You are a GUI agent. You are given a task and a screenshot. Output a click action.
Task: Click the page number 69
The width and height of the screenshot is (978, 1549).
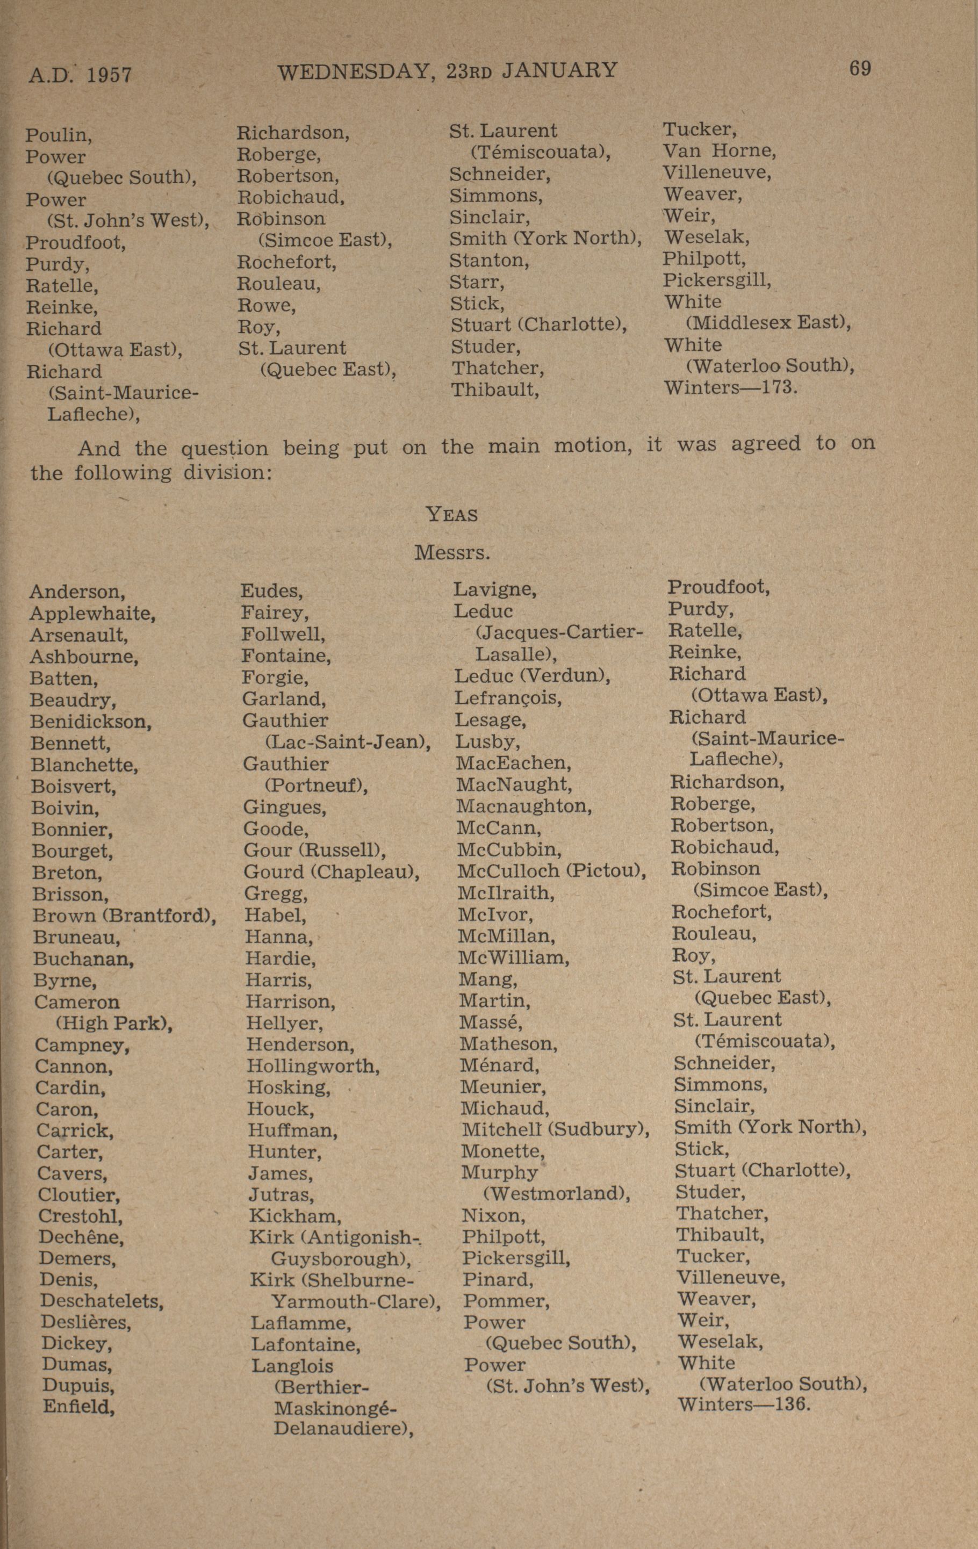click(860, 68)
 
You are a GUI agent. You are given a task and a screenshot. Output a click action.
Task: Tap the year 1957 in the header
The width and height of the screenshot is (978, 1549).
click(109, 75)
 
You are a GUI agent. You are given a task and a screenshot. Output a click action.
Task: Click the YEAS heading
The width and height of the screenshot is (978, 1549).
click(452, 515)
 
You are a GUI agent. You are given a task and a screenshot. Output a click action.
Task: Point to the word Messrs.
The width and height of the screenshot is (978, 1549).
click(452, 552)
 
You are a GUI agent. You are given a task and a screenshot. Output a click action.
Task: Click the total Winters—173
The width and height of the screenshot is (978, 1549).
click(730, 388)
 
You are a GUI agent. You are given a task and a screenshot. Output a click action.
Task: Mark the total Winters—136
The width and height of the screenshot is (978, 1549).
click(743, 1403)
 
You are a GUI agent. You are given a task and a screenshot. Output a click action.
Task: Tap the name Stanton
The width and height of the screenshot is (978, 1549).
click(489, 261)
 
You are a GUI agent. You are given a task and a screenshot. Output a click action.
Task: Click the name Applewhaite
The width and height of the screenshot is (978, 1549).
click(92, 613)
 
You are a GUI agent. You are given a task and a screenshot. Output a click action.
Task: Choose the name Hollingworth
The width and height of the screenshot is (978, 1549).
click(313, 1066)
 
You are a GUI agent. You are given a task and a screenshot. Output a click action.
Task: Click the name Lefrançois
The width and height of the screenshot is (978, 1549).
click(508, 698)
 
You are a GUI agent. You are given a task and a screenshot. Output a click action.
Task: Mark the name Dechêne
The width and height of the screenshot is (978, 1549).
click(81, 1237)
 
